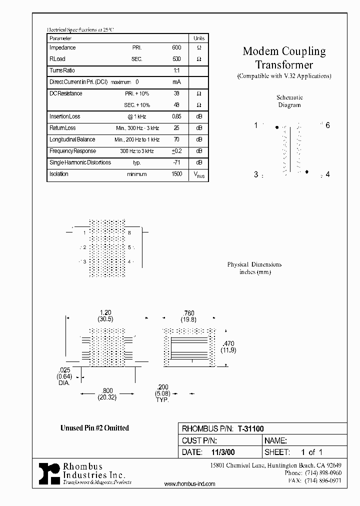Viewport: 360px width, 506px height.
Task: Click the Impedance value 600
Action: point(176,48)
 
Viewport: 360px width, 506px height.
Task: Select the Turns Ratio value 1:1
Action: point(176,71)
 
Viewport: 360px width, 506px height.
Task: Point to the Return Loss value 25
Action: point(176,128)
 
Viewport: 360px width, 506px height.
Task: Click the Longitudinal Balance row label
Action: point(72,139)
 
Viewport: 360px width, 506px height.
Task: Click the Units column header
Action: point(198,38)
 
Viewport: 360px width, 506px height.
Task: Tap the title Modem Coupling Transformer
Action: point(284,57)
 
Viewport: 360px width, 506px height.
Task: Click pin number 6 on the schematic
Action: point(327,125)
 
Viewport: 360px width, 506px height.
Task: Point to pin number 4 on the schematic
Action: point(327,174)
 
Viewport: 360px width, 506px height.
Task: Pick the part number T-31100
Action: point(250,428)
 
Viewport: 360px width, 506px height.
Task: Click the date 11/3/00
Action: point(218,451)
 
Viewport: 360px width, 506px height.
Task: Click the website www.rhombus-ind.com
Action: point(189,484)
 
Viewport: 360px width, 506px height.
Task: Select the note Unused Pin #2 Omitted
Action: point(94,428)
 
